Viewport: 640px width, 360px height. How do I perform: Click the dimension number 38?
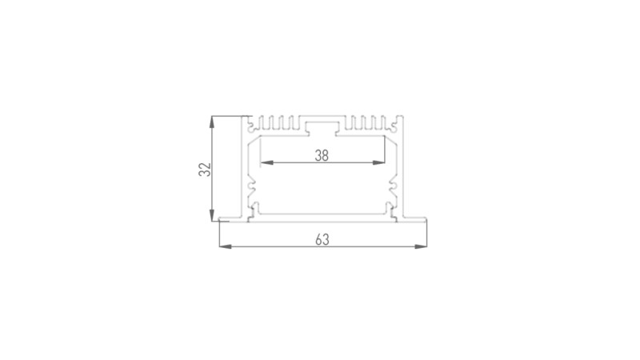322,157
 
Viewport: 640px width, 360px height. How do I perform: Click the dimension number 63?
322,239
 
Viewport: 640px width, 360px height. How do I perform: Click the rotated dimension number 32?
205,169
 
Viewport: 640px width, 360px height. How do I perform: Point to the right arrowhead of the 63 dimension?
420,247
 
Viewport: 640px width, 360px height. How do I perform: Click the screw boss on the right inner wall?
391,189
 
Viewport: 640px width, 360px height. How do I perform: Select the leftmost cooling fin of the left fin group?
266,123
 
